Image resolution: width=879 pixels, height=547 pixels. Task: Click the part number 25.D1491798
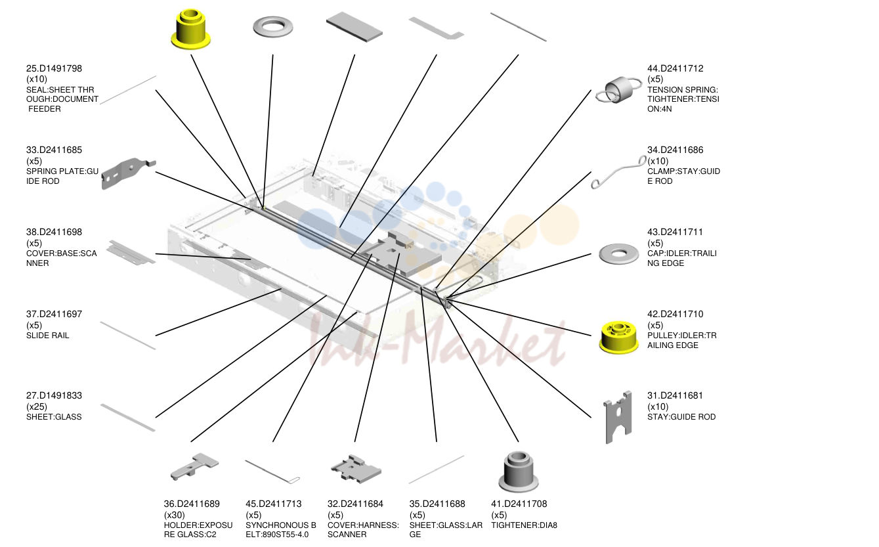[x=54, y=68]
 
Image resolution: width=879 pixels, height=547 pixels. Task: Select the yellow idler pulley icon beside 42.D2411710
[x=618, y=337]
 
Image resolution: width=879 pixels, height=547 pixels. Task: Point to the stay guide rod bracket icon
[x=618, y=417]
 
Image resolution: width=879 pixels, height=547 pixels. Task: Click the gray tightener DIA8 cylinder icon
[x=519, y=471]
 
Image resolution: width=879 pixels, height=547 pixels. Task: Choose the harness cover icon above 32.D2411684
[x=356, y=470]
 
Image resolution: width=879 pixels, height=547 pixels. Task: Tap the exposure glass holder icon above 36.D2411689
[x=194, y=466]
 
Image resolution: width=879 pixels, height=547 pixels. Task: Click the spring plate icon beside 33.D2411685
[x=127, y=173]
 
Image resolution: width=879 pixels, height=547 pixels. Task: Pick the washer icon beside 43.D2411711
[x=619, y=254]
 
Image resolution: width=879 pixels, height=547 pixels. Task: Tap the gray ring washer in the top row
[x=272, y=27]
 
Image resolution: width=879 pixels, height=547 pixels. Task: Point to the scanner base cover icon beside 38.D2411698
[x=131, y=253]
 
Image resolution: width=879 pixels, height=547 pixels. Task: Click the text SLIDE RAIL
[x=47, y=336]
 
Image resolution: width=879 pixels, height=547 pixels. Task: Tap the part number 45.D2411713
[x=274, y=504]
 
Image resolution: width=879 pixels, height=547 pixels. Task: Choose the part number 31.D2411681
[x=675, y=395]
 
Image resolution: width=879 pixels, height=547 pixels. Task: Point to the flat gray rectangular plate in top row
[x=354, y=27]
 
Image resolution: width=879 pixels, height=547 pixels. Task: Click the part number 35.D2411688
[x=437, y=504]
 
